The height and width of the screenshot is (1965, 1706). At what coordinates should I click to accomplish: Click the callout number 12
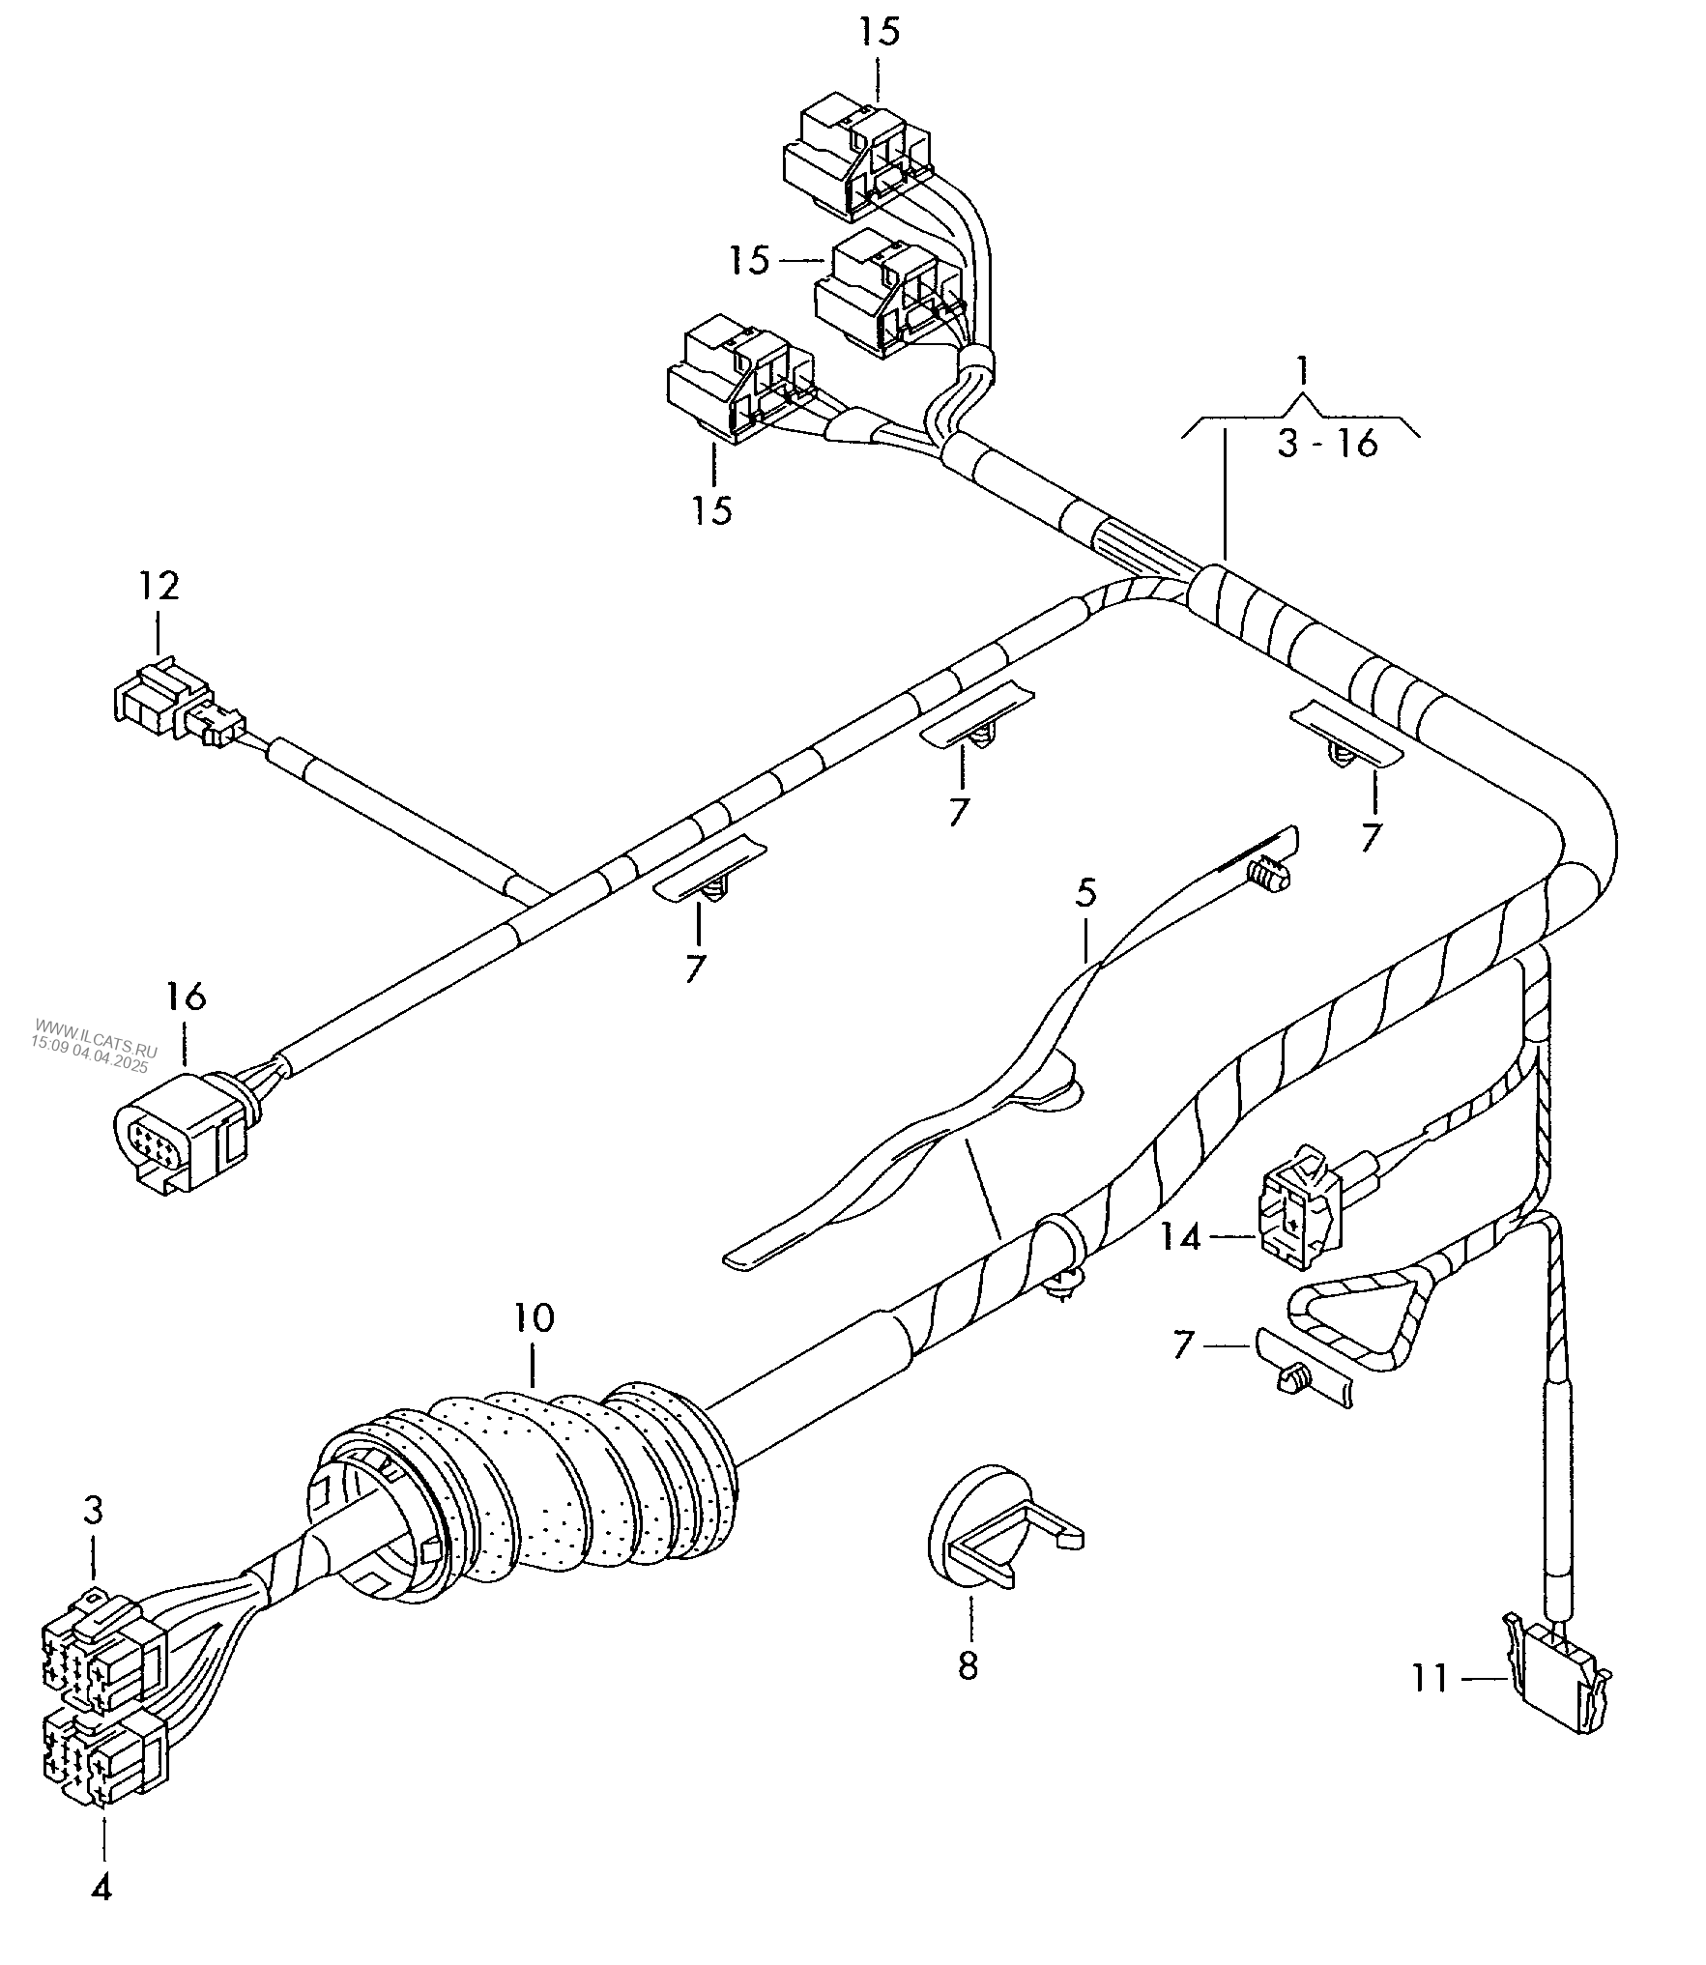159,586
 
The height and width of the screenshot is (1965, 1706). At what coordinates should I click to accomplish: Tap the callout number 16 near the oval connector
187,997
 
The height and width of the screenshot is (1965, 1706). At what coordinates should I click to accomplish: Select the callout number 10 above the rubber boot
534,1317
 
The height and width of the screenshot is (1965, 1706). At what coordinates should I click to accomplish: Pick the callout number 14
1180,1236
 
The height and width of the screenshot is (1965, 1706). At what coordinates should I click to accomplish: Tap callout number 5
1085,894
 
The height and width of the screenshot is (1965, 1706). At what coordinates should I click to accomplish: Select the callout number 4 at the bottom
101,1889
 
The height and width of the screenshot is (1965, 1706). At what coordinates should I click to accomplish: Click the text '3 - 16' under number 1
1327,444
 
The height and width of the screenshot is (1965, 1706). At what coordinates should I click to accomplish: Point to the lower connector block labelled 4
104,1766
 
